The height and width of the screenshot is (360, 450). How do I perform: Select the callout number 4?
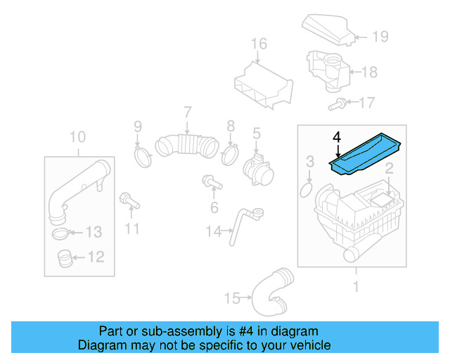337,136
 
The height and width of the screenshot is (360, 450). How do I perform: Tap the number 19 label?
380,37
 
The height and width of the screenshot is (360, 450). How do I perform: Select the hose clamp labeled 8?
230,153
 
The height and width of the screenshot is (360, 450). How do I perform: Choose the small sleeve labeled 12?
65,259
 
